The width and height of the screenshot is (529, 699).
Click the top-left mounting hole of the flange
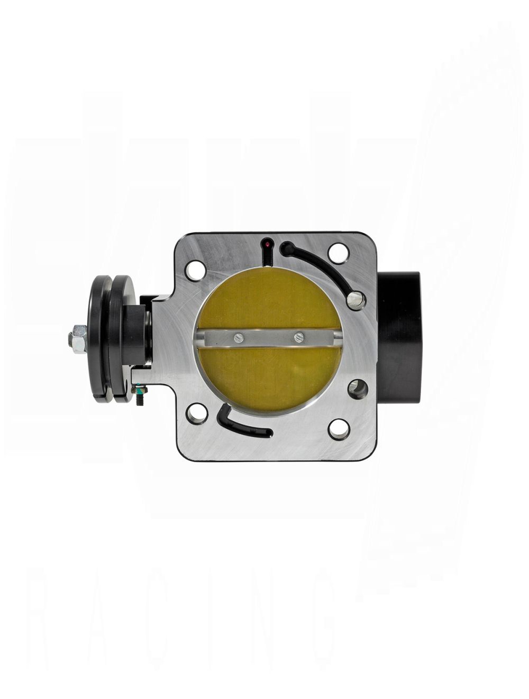click(195, 270)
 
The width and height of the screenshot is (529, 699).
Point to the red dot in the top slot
click(269, 244)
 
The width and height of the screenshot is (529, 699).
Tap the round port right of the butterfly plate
click(358, 388)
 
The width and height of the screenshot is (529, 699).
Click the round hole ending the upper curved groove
click(355, 300)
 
